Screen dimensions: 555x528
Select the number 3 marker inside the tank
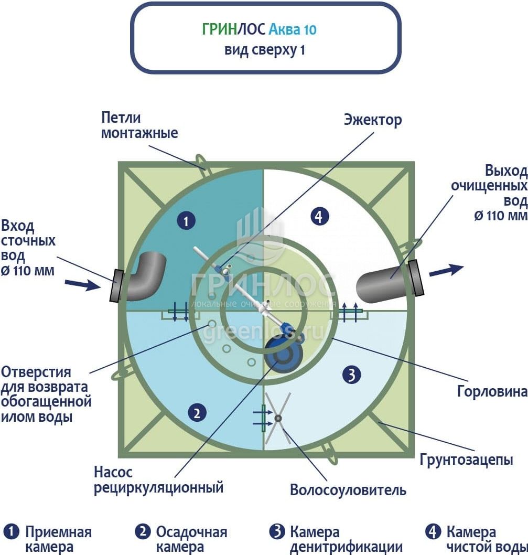(351, 374)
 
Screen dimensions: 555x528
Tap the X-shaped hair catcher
(277, 418)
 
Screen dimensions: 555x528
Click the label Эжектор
(373, 120)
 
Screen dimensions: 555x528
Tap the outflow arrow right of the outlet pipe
(446, 271)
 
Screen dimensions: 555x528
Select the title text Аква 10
(292, 29)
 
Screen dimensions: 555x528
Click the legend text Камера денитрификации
(346, 540)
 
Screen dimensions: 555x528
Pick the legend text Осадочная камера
(191, 540)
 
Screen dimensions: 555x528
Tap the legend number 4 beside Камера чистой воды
(433, 532)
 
